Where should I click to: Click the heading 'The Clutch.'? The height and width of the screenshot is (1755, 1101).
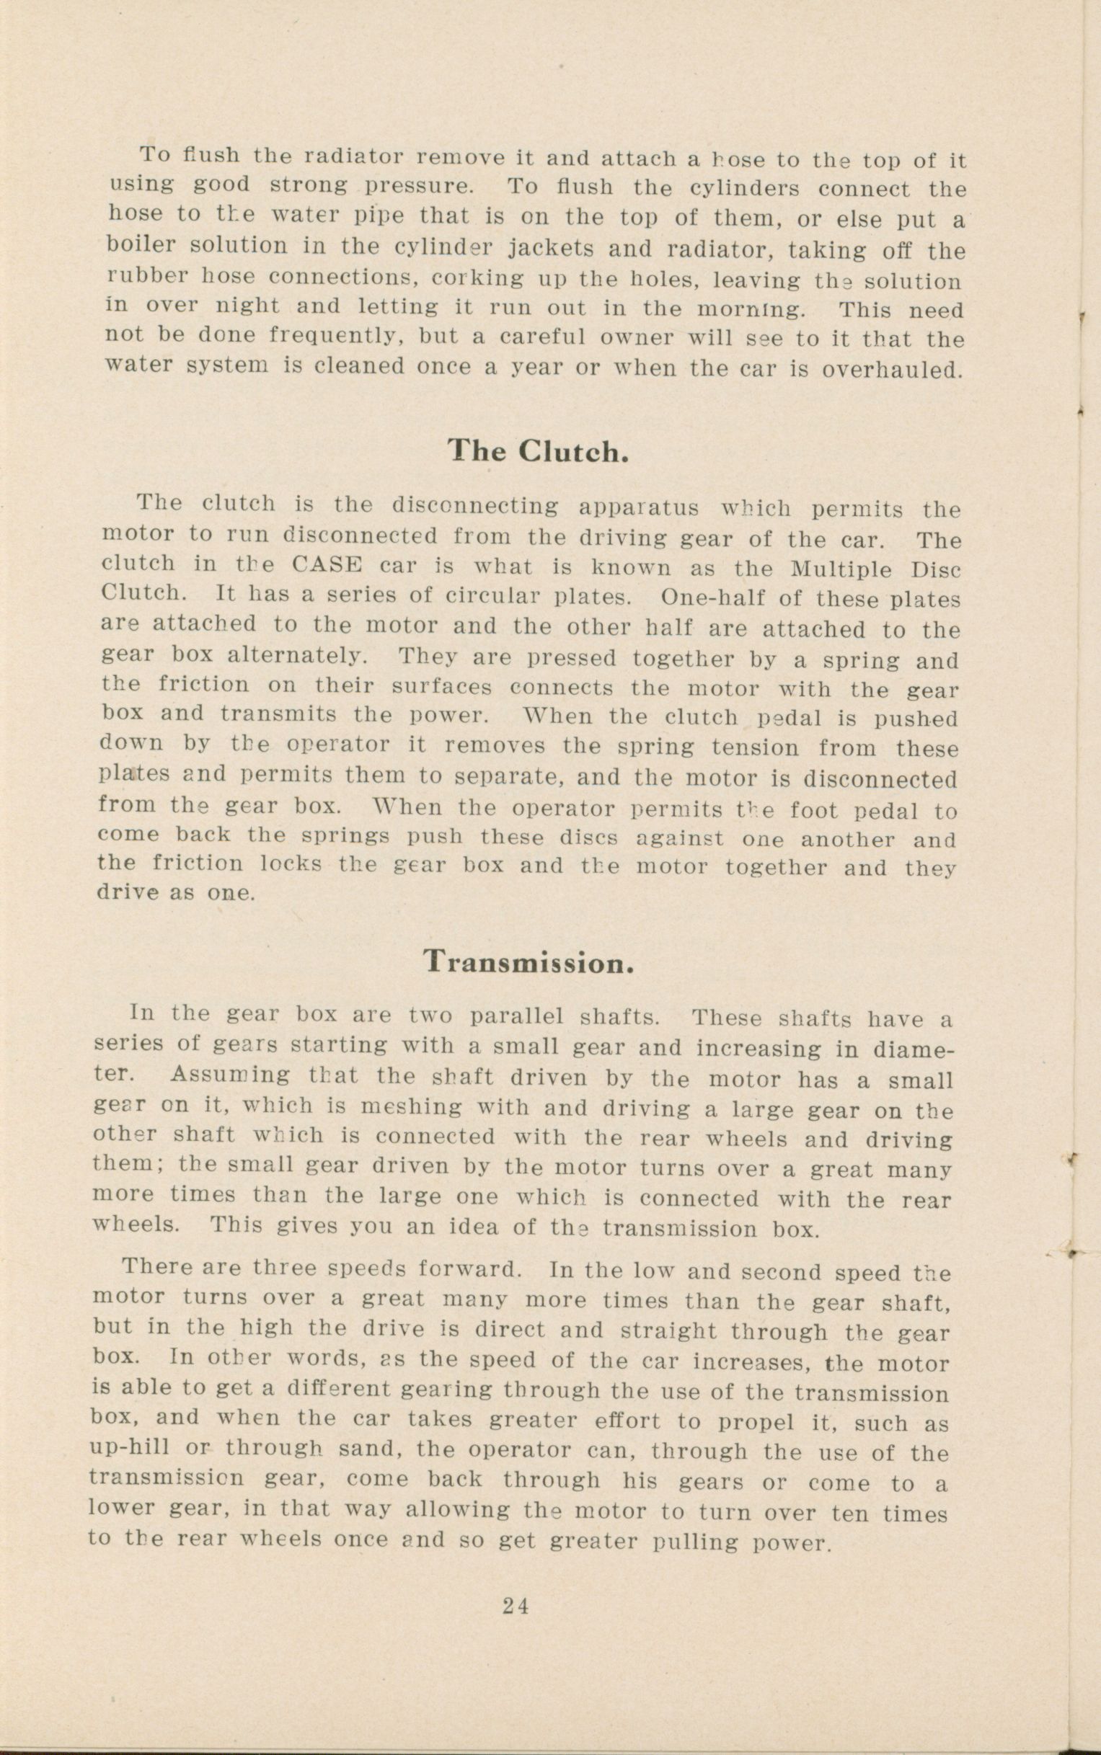537,451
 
